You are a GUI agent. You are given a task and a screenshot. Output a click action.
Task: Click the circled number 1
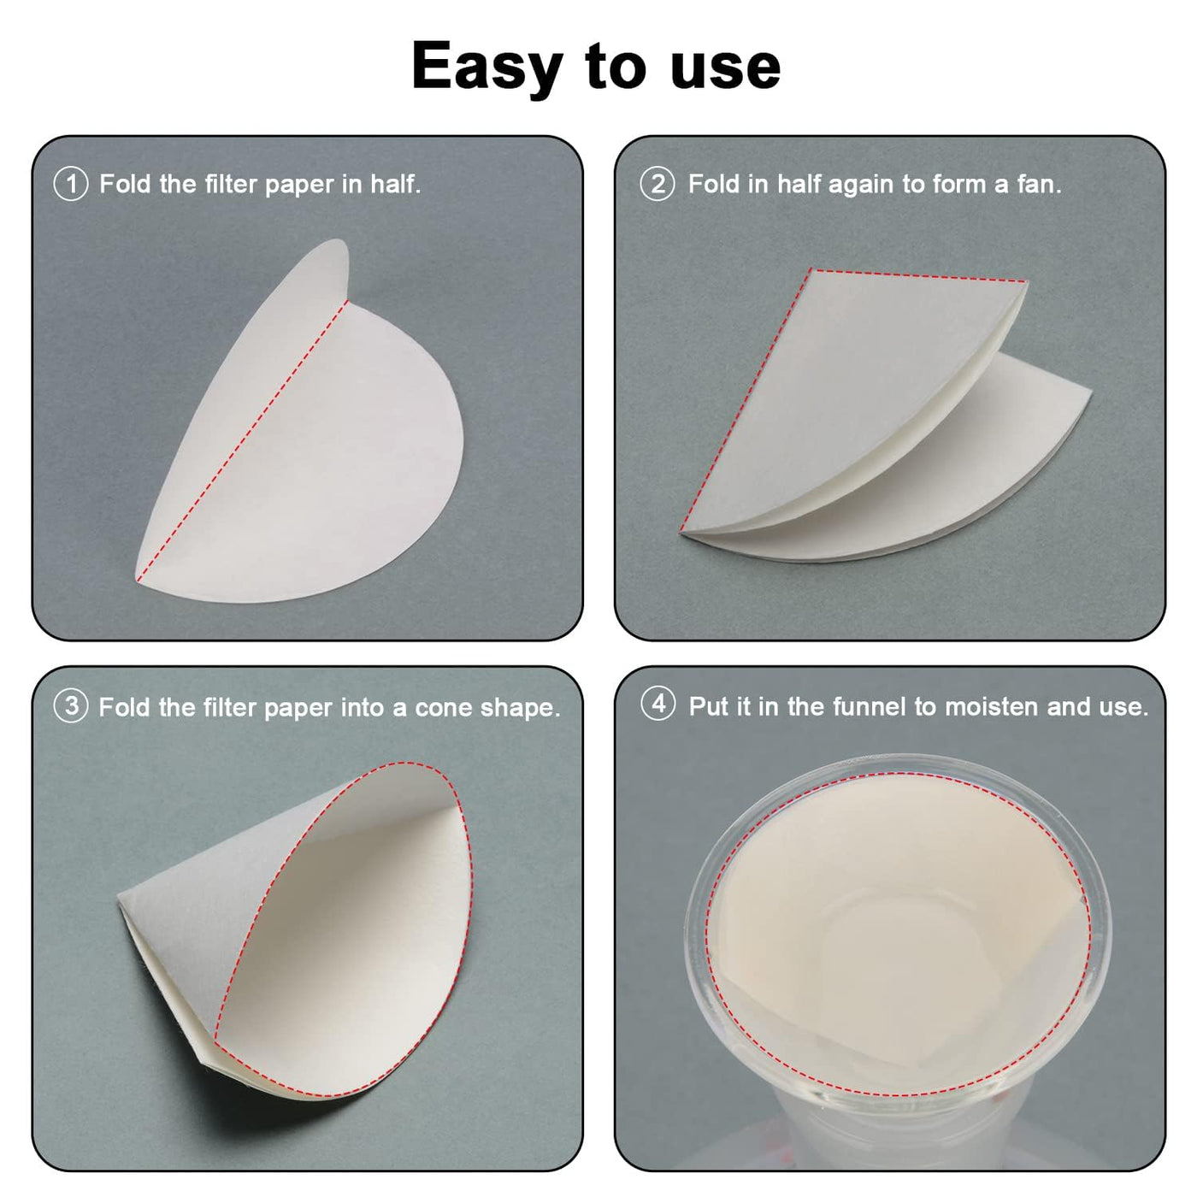click(x=71, y=184)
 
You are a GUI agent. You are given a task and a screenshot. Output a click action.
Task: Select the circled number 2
click(x=657, y=184)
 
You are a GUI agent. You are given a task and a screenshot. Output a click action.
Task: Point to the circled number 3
click(x=71, y=706)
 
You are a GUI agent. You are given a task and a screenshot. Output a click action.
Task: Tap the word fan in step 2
click(x=1039, y=184)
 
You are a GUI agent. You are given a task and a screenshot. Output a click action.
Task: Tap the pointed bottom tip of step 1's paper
click(x=138, y=580)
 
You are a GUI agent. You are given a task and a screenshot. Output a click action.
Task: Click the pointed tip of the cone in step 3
click(x=119, y=896)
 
